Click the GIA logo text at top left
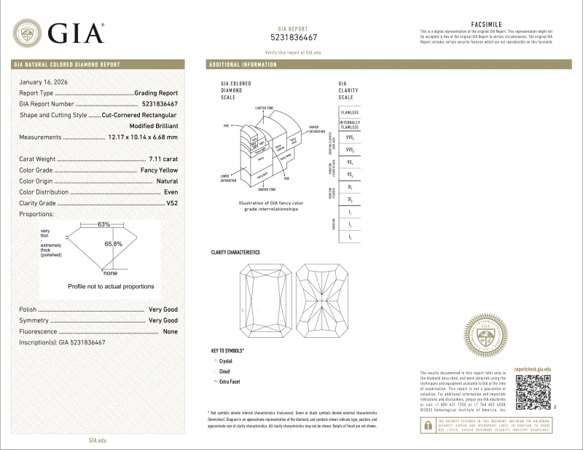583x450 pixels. (77, 32)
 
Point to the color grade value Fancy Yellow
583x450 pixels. (158, 170)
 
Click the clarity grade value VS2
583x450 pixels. (172, 202)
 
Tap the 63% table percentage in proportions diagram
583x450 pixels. (104, 224)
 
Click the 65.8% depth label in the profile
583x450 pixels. (112, 244)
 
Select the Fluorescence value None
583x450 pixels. (171, 331)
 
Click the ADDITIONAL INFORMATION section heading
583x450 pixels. (243, 65)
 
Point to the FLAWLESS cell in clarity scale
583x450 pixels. (349, 112)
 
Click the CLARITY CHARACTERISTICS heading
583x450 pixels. (235, 251)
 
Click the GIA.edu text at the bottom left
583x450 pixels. (98, 441)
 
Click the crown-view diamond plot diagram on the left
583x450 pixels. (265, 306)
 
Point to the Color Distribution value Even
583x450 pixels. (171, 192)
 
